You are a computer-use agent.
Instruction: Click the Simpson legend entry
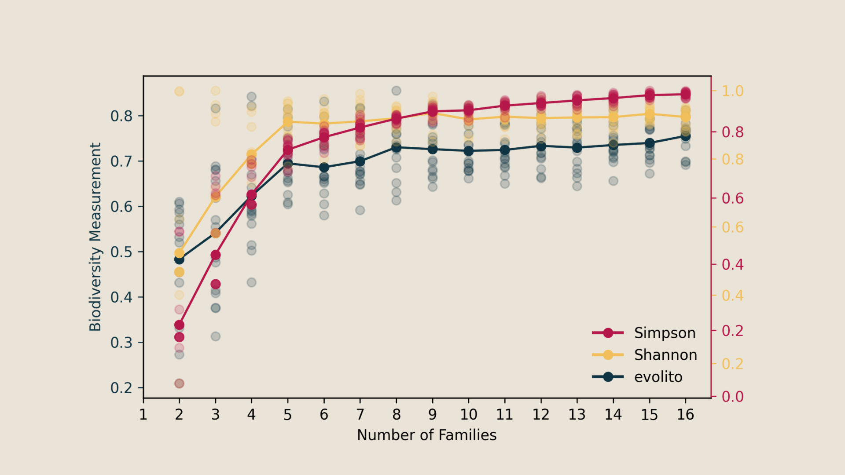click(x=665, y=333)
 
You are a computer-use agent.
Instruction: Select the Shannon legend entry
click(x=665, y=355)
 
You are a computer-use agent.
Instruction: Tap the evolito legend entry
click(x=658, y=377)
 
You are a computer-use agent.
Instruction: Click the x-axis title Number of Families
click(x=426, y=435)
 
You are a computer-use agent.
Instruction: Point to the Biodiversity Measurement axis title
click(x=95, y=237)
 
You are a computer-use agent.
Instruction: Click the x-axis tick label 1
click(x=143, y=414)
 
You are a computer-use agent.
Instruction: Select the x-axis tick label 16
click(x=685, y=414)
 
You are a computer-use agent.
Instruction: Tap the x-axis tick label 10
click(x=468, y=414)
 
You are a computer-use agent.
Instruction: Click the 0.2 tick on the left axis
click(x=121, y=388)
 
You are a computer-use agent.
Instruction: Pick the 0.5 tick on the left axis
click(x=121, y=252)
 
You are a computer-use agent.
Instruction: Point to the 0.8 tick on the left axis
click(x=121, y=116)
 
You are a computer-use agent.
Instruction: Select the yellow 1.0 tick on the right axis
click(x=733, y=91)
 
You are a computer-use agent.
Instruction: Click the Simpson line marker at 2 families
click(x=179, y=325)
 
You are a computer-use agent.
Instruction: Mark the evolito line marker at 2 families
click(x=179, y=259)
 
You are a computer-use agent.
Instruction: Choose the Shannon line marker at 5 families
click(x=288, y=122)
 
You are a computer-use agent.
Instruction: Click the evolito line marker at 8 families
click(x=396, y=147)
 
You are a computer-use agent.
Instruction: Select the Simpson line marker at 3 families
click(x=215, y=255)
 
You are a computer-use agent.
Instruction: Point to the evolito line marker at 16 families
click(x=685, y=136)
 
